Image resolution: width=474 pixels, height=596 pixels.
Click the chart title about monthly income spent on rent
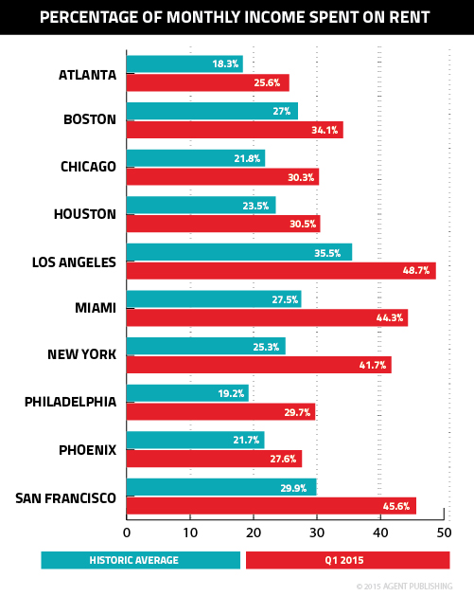(237, 18)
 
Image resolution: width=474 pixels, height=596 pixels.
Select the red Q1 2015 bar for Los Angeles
(280, 270)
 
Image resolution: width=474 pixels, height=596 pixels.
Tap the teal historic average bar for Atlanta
(184, 63)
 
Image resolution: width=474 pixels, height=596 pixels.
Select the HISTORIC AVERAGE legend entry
(140, 561)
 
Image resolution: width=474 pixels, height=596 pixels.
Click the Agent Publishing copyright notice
(412, 587)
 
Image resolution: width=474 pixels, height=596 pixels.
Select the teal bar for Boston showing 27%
(212, 111)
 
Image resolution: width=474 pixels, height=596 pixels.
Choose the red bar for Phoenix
(214, 459)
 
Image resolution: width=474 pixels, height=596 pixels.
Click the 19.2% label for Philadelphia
(233, 393)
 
